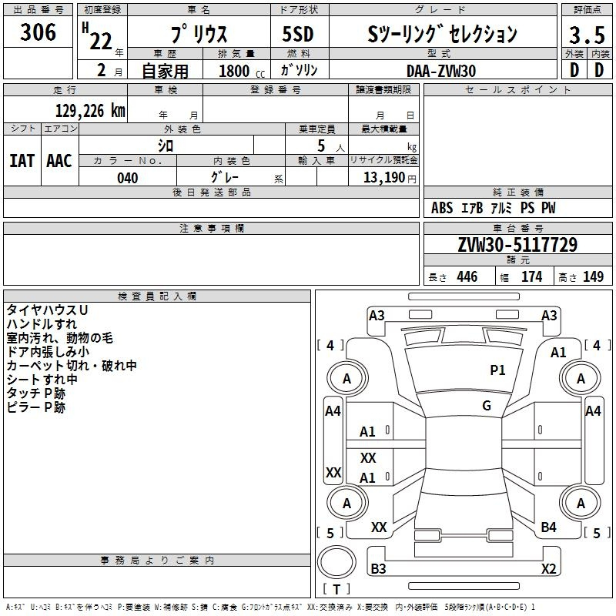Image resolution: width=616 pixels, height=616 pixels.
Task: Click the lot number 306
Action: coord(38,32)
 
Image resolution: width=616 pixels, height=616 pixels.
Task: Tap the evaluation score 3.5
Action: coord(586,35)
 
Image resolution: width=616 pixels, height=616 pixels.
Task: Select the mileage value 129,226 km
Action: coord(90,111)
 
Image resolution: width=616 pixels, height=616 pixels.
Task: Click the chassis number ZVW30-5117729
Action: coord(517,245)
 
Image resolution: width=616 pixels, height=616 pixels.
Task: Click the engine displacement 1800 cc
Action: coord(236,71)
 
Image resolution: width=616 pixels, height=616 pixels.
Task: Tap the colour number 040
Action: coord(127,178)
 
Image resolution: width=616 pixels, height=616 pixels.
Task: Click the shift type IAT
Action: coord(22,161)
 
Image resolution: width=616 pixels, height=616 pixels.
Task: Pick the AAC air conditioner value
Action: coord(59,161)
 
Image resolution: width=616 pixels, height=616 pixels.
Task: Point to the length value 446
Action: coord(467,277)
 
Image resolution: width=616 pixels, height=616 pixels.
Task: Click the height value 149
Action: coord(593,277)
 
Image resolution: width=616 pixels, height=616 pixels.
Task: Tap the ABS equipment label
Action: coord(442,208)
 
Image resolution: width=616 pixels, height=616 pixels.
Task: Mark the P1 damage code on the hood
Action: coord(498,370)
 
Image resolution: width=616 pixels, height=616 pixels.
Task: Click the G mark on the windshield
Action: coord(487,406)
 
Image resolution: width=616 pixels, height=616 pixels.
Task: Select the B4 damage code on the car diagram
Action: coord(548,527)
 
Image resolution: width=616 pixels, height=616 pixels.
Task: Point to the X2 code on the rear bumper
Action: coord(548,569)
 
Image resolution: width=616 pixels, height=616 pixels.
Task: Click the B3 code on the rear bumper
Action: coord(379,569)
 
